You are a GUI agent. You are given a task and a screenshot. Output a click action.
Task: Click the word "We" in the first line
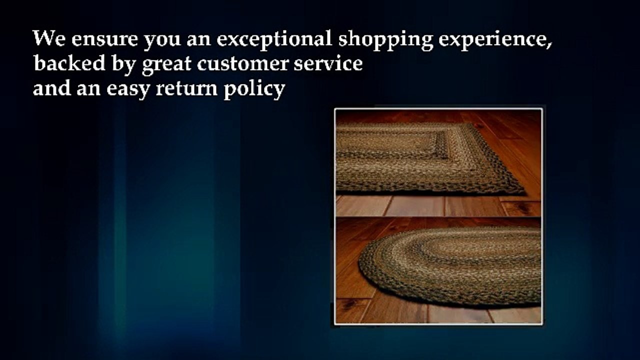(x=48, y=38)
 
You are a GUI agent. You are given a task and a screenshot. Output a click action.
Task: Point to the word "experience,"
(x=495, y=40)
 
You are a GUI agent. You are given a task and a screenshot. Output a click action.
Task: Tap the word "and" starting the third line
(x=50, y=88)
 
